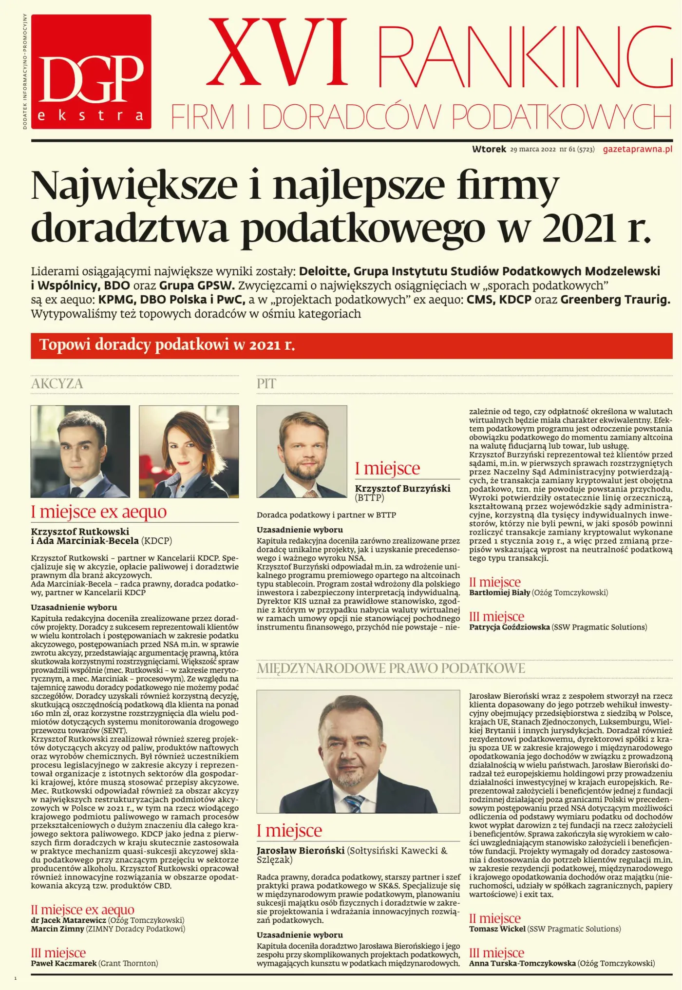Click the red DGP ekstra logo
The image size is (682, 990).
[91, 72]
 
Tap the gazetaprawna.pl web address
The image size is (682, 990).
[637, 149]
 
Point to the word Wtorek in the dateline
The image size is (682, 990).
[489, 149]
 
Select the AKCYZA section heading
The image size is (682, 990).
[57, 384]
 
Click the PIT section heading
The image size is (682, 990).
[266, 384]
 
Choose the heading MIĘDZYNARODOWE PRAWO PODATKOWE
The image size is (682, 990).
[391, 668]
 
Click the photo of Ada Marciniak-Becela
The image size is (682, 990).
[189, 451]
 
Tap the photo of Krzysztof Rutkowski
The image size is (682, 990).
[80, 451]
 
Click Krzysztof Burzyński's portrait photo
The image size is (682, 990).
[302, 451]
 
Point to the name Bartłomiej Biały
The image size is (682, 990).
[499, 593]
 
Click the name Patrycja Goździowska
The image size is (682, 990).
[509, 627]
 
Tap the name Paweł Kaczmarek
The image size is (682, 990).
[64, 963]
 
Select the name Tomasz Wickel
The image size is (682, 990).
[497, 929]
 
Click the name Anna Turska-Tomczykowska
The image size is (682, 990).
[522, 963]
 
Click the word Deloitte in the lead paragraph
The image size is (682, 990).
[323, 271]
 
